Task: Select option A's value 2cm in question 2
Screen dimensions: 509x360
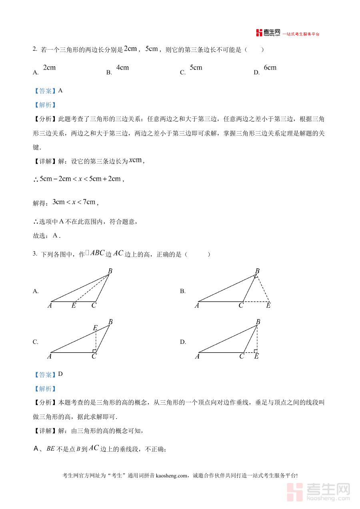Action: coord(49,68)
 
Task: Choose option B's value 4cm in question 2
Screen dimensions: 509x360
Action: coord(122,68)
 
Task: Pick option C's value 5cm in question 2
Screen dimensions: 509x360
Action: coord(196,68)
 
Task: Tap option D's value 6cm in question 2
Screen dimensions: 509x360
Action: coord(270,68)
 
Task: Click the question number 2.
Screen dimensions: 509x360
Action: coord(34,50)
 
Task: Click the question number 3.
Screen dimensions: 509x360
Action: coord(34,254)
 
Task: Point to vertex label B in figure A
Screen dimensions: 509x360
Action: coord(110,271)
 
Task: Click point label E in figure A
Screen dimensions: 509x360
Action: coord(74,306)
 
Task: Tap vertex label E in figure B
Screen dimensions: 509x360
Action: coord(268,306)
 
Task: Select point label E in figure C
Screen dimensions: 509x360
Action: coord(95,328)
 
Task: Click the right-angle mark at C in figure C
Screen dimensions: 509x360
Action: coord(94,351)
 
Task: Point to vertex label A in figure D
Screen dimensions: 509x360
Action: coord(197,356)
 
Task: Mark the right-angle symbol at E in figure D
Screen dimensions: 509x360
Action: coord(255,351)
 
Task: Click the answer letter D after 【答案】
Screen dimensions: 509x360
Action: coord(60,374)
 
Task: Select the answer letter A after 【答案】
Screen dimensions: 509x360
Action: coord(60,90)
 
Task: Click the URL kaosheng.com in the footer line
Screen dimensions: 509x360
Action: coord(171,476)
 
